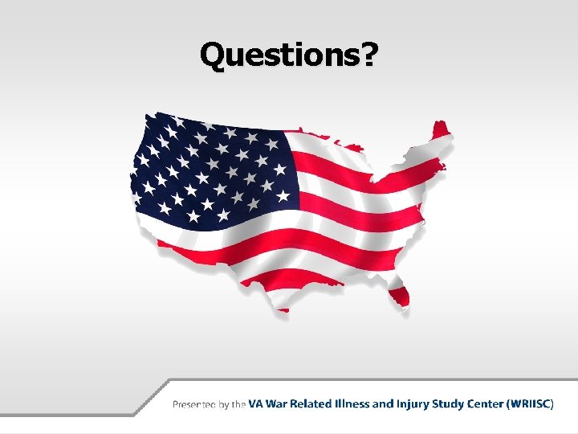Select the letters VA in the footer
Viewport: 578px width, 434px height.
point(255,403)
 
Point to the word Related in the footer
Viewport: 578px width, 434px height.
point(313,403)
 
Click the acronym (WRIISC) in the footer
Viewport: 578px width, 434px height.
point(530,403)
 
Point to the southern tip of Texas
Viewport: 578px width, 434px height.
point(282,308)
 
